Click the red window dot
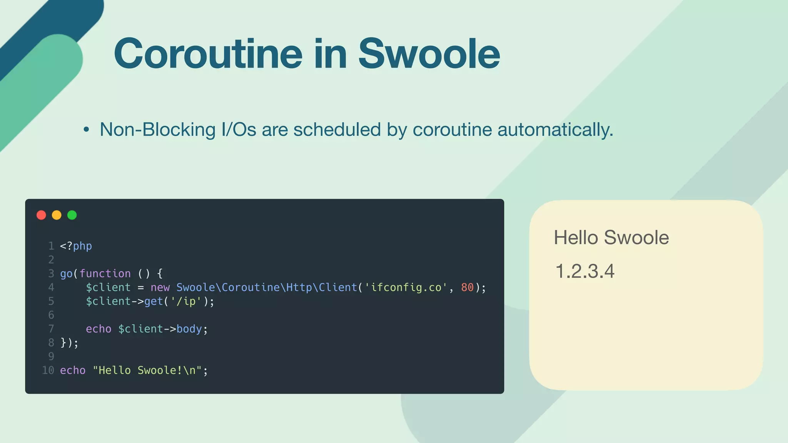click(41, 215)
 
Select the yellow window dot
click(57, 215)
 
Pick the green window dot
click(72, 215)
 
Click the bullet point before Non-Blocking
click(86, 130)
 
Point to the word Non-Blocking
click(157, 130)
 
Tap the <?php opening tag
click(76, 246)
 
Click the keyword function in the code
click(105, 274)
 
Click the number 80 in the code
click(467, 288)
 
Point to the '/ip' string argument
click(186, 301)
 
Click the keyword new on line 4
click(160, 288)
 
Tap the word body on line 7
click(189, 329)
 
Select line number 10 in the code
click(48, 370)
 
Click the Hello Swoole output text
click(611, 238)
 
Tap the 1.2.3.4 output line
click(585, 271)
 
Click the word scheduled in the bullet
click(337, 130)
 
